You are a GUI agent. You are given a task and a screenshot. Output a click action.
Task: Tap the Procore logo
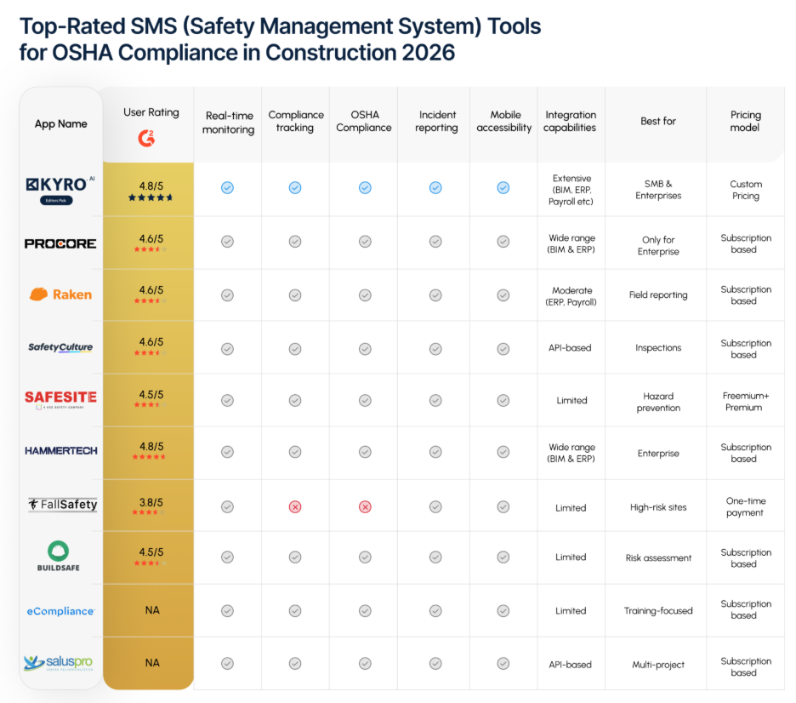[x=60, y=243]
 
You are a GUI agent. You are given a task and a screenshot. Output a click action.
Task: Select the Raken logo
[x=60, y=294]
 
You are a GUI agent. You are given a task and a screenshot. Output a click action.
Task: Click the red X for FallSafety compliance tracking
[x=295, y=506]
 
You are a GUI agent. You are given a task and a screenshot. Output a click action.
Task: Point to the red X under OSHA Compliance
[x=365, y=506]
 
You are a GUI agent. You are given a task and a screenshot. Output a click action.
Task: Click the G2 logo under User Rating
[x=148, y=137]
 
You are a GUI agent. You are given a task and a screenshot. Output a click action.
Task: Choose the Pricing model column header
[x=745, y=121]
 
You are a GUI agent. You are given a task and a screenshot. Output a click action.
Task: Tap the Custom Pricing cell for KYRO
[x=745, y=190]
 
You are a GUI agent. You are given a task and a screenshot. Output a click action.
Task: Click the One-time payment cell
[x=745, y=506]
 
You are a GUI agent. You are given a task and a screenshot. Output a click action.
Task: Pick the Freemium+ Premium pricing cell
[x=745, y=401]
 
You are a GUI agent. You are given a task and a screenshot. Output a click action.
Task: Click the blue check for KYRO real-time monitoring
[x=227, y=187]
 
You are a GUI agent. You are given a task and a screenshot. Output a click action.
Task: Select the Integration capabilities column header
[x=571, y=121]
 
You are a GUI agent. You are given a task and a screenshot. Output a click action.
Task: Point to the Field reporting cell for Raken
[x=658, y=295]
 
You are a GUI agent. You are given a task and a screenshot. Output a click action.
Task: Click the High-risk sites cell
[x=658, y=507]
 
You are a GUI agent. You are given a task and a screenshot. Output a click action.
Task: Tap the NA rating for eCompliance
[x=151, y=609]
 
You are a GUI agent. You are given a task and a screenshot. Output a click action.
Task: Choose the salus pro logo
[x=60, y=663]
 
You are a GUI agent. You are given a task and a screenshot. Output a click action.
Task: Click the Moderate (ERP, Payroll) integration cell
[x=571, y=296]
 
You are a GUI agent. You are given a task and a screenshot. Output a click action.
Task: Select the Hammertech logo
[x=60, y=450]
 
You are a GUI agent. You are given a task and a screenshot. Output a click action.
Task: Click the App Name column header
[x=60, y=124]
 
